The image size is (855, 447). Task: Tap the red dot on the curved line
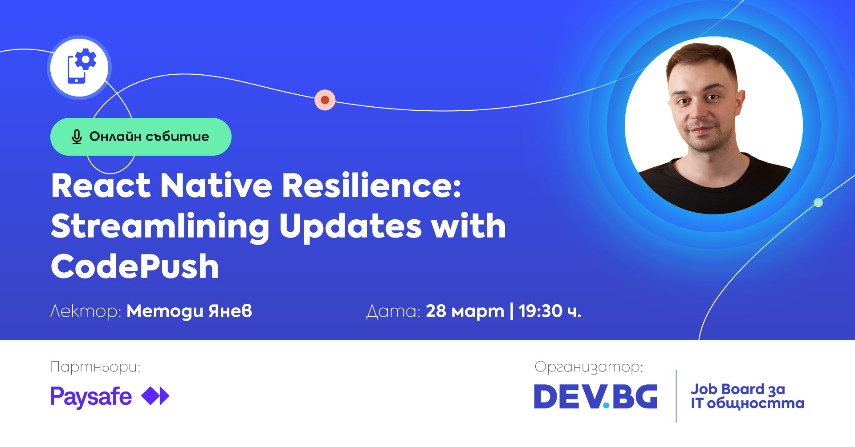coord(325,100)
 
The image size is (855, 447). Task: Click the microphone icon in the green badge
coord(77,137)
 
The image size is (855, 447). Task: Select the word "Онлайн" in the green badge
coord(116,136)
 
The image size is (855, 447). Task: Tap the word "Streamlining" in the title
coord(160,227)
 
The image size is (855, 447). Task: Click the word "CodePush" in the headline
coord(135,266)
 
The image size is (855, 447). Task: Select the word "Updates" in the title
coord(350,227)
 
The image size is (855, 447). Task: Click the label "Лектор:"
coord(86,311)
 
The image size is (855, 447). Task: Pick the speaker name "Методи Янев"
coord(189,311)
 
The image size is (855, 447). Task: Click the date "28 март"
coord(465,311)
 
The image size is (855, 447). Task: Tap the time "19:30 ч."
coord(550,311)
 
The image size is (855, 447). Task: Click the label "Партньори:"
coord(95,367)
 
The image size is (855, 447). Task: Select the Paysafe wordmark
coord(91,397)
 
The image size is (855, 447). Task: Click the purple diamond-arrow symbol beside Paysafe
coord(155,396)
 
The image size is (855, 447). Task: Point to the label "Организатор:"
coord(589,367)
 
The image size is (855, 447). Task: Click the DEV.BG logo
coord(596,396)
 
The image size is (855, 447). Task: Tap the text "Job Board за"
coord(738,389)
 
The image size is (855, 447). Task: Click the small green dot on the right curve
coord(818,203)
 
